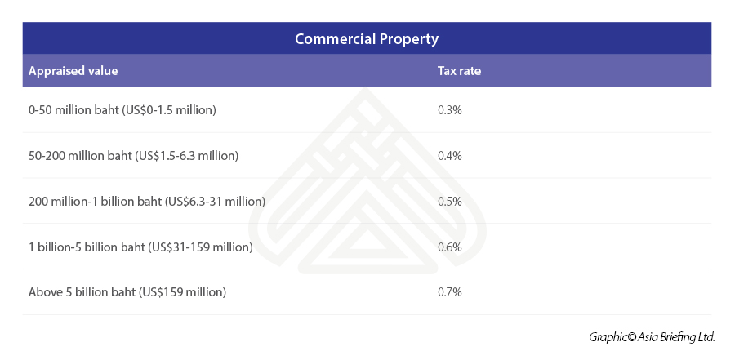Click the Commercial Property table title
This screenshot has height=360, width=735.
367,38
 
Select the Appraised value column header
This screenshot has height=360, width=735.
73,71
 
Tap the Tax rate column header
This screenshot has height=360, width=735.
459,71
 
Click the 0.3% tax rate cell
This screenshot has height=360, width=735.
449,109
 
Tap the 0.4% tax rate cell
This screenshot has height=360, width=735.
449,155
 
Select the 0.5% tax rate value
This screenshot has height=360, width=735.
449,201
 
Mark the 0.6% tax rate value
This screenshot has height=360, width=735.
449,247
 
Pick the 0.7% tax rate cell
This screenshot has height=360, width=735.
449,291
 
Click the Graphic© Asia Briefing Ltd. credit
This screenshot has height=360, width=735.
652,336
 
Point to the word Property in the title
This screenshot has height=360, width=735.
410,38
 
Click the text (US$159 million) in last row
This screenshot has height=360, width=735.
182,291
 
